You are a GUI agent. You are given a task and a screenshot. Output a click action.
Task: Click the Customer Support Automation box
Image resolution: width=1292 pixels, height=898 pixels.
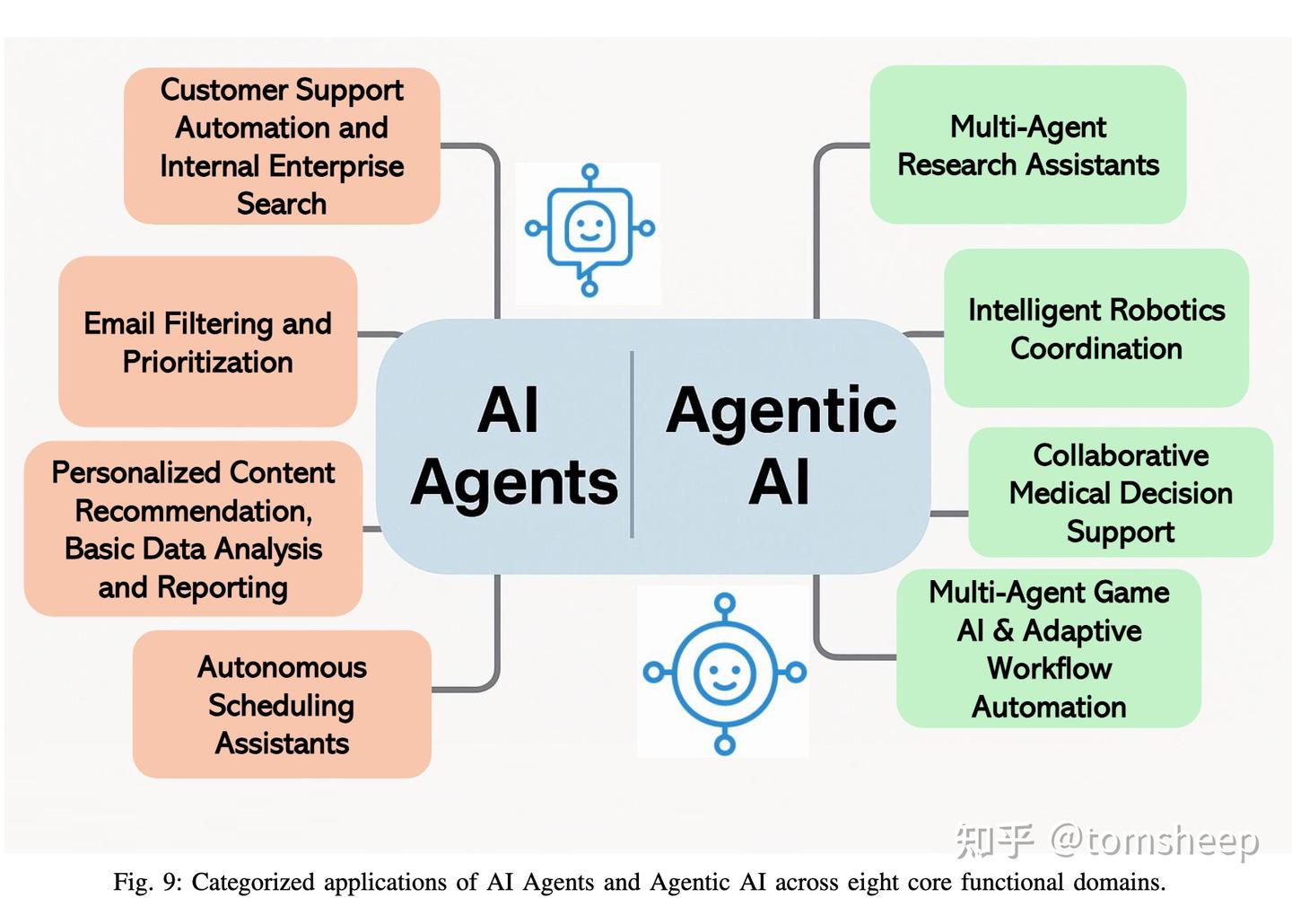pos(282,145)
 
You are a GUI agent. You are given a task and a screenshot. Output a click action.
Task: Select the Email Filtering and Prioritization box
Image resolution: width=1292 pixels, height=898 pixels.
pos(207,341)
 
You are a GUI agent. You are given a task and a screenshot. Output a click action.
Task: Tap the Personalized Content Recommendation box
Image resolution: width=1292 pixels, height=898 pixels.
pos(193,529)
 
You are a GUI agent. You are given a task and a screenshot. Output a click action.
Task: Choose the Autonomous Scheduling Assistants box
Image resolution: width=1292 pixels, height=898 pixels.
pos(282,705)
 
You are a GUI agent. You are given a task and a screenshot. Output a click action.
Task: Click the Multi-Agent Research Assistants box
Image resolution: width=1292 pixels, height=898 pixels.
pos(1028,145)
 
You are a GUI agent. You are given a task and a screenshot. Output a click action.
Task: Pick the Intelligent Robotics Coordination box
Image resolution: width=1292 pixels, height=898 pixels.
pos(1096,329)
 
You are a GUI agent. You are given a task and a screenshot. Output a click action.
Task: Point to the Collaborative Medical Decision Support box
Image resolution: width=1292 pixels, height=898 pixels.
pos(1121,493)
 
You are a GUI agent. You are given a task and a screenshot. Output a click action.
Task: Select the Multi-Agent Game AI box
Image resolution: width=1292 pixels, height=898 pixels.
pos(1049,648)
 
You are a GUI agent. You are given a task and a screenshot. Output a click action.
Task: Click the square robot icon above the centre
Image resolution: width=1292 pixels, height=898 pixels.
pos(589,230)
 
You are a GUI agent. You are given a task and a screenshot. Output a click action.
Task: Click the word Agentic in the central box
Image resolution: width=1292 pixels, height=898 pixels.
pos(781,411)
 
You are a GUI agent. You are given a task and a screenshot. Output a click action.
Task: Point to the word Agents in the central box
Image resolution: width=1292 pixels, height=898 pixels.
pos(514,482)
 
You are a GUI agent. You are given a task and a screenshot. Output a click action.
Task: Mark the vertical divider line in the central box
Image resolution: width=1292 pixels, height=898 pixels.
pos(633,445)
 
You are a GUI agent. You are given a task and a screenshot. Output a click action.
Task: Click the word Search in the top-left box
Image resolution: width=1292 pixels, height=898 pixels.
pos(282,204)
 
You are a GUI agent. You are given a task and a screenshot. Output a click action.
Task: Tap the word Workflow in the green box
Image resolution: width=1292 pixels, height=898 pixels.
pos(1049,669)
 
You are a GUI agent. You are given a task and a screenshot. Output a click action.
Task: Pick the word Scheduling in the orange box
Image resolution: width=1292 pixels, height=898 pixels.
pos(282,706)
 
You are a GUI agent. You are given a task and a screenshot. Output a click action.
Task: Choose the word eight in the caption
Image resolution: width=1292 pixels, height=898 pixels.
pos(875,883)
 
